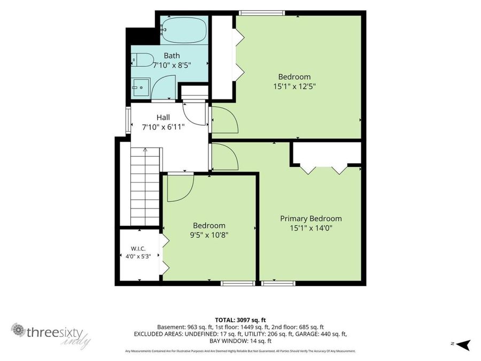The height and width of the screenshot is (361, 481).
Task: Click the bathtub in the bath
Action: click(184, 30)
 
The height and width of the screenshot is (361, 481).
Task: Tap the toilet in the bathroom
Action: click(142, 59)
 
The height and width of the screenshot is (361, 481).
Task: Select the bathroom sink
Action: click(141, 88)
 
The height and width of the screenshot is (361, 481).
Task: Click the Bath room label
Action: click(172, 56)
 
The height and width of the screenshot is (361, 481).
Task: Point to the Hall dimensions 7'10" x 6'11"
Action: click(163, 127)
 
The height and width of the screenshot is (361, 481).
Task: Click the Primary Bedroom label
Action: click(311, 219)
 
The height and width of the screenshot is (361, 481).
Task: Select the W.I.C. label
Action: click(138, 248)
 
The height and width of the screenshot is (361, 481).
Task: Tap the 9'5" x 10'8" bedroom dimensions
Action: click(209, 235)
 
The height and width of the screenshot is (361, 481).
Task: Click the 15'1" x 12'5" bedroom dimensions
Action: click(294, 86)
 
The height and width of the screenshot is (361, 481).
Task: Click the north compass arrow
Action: click(463, 344)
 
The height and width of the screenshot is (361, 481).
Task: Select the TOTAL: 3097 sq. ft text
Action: click(240, 320)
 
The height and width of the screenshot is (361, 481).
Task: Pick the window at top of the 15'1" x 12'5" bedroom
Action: click(262, 13)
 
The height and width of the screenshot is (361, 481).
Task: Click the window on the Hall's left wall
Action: click(128, 119)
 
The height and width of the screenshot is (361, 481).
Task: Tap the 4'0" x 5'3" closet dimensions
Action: click(138, 256)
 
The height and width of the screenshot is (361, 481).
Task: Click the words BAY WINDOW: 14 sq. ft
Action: click(240, 341)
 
